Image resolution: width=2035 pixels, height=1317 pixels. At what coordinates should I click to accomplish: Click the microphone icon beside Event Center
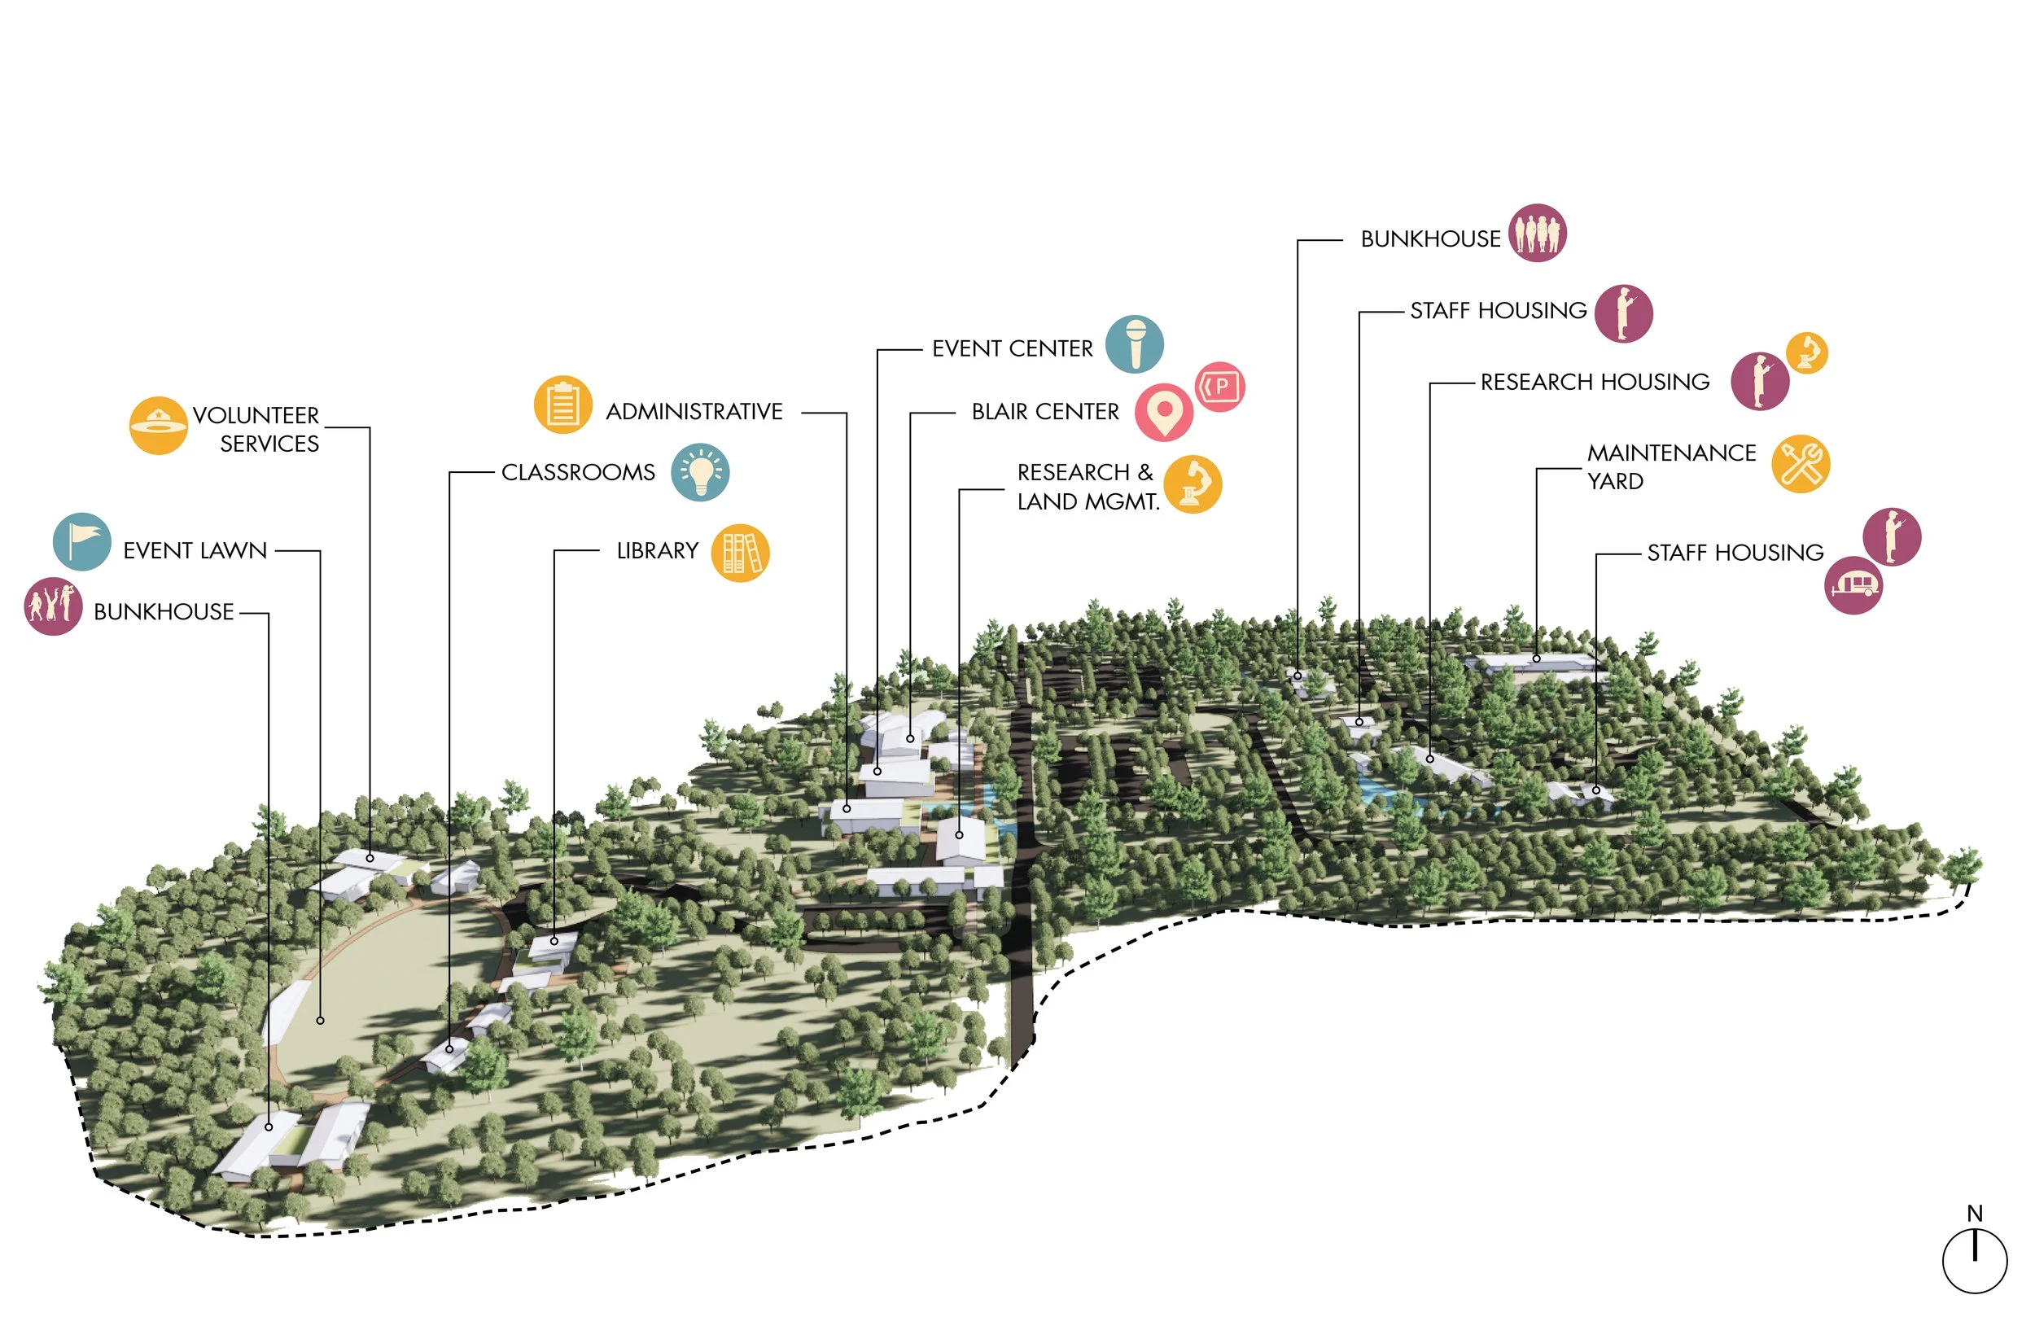(x=1134, y=344)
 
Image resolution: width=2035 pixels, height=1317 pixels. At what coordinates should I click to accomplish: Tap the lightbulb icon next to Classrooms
(x=699, y=472)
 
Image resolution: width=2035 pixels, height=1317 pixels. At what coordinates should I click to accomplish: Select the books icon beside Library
(x=740, y=553)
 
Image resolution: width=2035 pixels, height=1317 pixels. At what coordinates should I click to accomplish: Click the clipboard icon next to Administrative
(x=562, y=405)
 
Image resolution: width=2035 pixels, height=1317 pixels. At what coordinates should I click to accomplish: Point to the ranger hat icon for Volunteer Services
(x=158, y=425)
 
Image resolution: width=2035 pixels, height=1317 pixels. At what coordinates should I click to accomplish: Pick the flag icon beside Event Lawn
(x=82, y=541)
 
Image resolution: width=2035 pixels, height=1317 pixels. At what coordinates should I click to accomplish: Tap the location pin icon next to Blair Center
(x=1163, y=412)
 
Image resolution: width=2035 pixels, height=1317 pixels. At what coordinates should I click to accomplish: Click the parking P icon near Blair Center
(x=1219, y=387)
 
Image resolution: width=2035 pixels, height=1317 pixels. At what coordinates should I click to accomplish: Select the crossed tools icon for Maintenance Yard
(x=1800, y=465)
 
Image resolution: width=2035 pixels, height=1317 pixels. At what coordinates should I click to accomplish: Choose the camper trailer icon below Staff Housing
(x=1853, y=585)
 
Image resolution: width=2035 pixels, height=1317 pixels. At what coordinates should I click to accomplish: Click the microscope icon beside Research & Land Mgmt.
(x=1192, y=484)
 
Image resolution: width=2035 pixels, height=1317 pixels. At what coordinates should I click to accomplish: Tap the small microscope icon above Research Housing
(x=1807, y=352)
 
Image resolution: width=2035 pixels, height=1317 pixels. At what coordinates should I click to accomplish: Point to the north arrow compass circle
(x=1974, y=1262)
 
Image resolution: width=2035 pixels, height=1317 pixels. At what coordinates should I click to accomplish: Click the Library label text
(x=657, y=551)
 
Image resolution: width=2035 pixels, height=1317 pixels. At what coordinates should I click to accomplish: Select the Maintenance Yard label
(x=1671, y=466)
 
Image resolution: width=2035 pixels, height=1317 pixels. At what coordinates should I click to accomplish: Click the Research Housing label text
(x=1595, y=382)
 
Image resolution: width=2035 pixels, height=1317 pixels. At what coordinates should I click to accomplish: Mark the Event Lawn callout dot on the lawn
(x=320, y=1020)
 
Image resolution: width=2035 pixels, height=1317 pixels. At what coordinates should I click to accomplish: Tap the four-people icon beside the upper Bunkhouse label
(x=1537, y=233)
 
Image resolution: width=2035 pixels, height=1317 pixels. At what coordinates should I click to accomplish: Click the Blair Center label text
(x=1045, y=412)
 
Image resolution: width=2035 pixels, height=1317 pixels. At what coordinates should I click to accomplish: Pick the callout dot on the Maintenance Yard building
(x=1537, y=658)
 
